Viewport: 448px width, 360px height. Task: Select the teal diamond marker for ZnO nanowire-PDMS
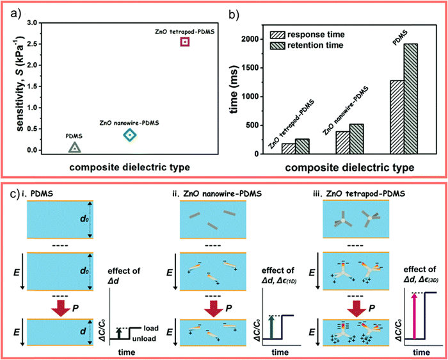(130, 135)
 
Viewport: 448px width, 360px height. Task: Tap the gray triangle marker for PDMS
(74, 147)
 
